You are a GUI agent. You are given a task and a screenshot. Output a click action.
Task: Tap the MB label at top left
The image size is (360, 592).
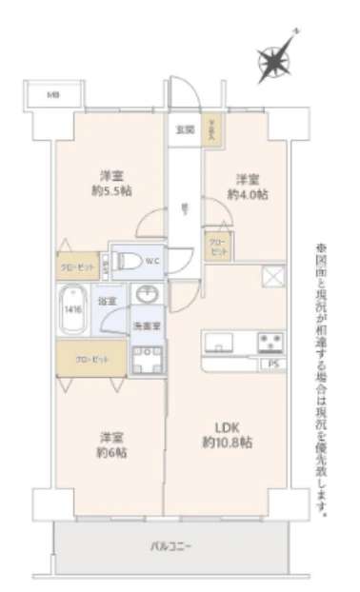pos(53,95)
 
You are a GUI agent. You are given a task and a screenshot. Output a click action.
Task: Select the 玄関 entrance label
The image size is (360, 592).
pos(185,128)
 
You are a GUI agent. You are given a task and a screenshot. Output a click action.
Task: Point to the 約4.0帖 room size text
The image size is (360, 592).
pos(246,193)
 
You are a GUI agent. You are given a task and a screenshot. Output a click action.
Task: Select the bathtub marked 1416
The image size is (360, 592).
pos(74,310)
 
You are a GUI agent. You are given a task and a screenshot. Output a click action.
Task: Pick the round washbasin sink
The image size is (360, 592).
pos(148,295)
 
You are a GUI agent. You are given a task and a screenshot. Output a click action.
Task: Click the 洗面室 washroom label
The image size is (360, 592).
pos(146,326)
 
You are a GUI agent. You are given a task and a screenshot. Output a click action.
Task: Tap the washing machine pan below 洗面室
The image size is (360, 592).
pos(148,358)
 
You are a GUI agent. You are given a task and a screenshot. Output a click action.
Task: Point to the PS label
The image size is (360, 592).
pos(273,363)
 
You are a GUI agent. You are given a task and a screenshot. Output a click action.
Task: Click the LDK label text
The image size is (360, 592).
pos(227,427)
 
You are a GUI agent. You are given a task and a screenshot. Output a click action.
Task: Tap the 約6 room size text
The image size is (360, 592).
pos(112,451)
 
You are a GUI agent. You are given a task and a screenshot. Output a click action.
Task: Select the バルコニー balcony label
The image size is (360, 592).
pos(171,546)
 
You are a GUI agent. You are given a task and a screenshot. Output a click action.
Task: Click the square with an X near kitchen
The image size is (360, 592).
pos(273,277)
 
